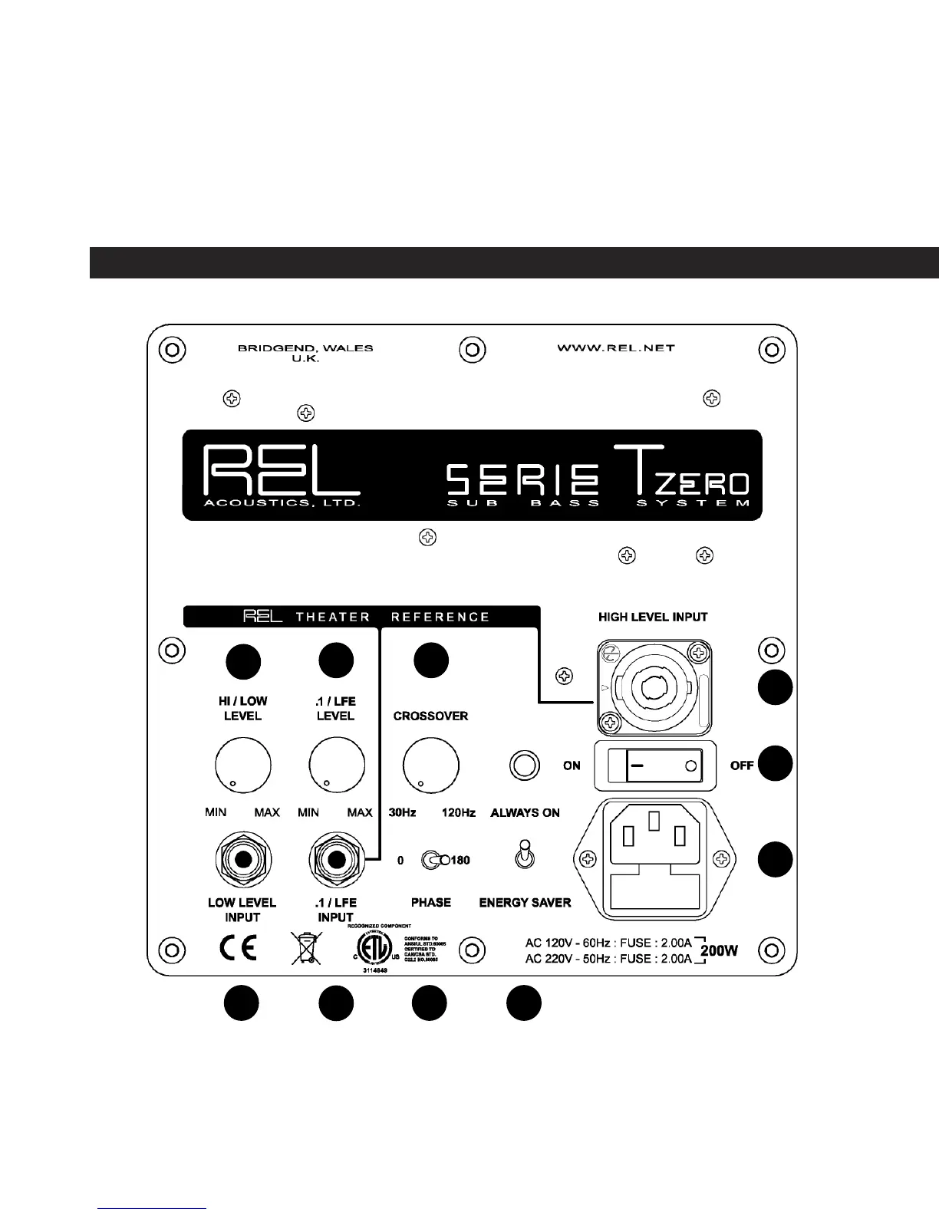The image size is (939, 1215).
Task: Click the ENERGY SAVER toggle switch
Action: pos(525,855)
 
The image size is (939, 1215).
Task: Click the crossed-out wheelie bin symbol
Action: pos(306,949)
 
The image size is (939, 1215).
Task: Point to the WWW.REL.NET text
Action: pos(615,348)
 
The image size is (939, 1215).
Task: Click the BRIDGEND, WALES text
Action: pos(305,348)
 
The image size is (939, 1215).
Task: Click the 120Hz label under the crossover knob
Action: pos(458,813)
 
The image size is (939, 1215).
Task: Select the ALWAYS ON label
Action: pos(525,813)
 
